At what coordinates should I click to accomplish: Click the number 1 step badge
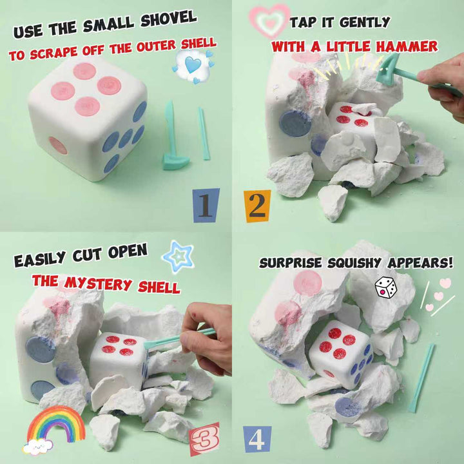click(206, 205)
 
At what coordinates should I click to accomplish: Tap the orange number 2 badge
click(257, 206)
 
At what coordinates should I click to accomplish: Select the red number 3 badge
click(204, 439)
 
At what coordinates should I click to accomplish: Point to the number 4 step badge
click(257, 439)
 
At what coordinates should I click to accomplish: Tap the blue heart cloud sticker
click(193, 66)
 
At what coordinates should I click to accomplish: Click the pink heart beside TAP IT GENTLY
click(269, 21)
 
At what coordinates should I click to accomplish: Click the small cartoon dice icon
click(385, 287)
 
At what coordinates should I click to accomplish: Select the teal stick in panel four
click(422, 378)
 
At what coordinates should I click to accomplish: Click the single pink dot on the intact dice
click(58, 146)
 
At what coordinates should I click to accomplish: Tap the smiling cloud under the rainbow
click(37, 447)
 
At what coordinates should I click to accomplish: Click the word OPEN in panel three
click(128, 251)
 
